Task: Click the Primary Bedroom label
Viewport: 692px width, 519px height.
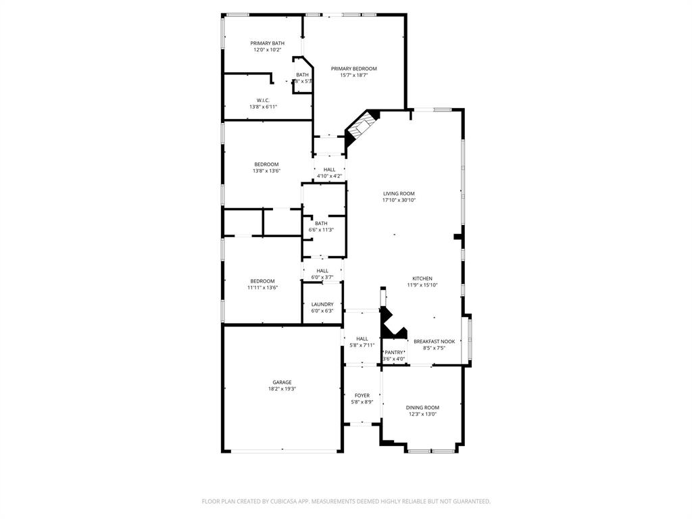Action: point(353,68)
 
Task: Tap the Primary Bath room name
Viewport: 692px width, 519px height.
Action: point(268,43)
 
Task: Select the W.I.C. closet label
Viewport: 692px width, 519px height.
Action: point(263,100)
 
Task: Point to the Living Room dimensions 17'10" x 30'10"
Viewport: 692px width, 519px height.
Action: point(399,200)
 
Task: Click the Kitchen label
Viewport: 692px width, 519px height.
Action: point(422,278)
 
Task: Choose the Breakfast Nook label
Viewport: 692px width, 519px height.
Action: point(434,341)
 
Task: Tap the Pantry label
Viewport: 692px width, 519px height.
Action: point(393,352)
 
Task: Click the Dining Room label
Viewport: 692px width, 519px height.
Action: point(422,407)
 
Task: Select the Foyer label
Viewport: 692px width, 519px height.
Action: point(362,395)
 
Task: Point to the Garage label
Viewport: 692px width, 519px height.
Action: point(282,382)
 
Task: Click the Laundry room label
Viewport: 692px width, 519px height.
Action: point(322,304)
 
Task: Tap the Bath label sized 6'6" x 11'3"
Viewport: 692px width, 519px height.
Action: point(321,223)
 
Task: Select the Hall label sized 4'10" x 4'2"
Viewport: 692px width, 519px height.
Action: point(329,170)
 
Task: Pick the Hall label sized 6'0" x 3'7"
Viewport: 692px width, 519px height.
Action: point(322,270)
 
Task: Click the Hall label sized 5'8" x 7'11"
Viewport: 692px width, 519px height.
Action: point(362,339)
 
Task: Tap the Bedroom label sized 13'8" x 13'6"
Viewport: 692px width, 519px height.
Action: point(266,164)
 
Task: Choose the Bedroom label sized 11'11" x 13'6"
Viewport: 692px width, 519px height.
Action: point(262,281)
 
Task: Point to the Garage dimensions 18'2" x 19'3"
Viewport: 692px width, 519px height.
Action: point(282,389)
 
